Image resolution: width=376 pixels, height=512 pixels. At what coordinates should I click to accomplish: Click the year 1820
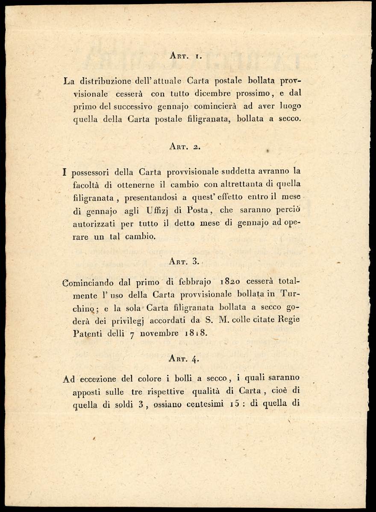pos(232,282)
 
